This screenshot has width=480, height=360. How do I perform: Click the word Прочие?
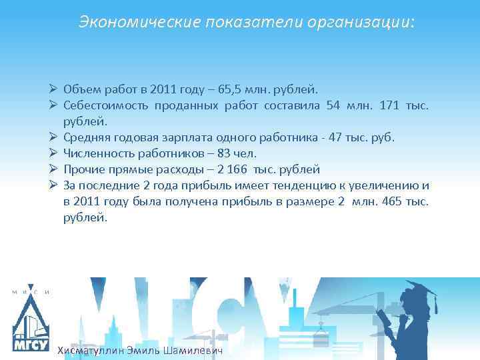click(x=83, y=169)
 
